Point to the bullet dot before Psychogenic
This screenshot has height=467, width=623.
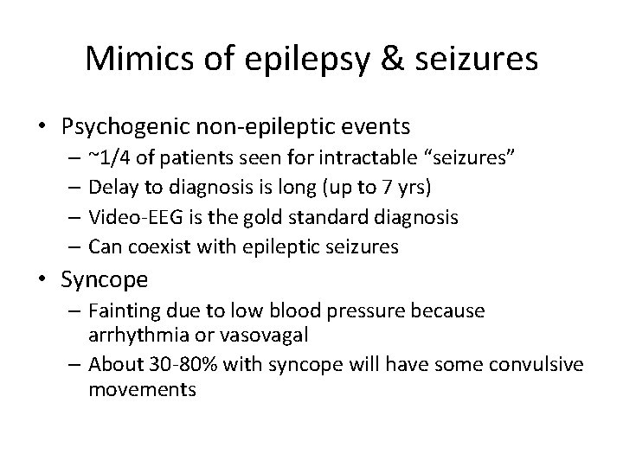tap(44, 127)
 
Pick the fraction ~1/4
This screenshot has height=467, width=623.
tap(106, 158)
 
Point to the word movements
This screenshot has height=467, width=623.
tap(143, 389)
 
